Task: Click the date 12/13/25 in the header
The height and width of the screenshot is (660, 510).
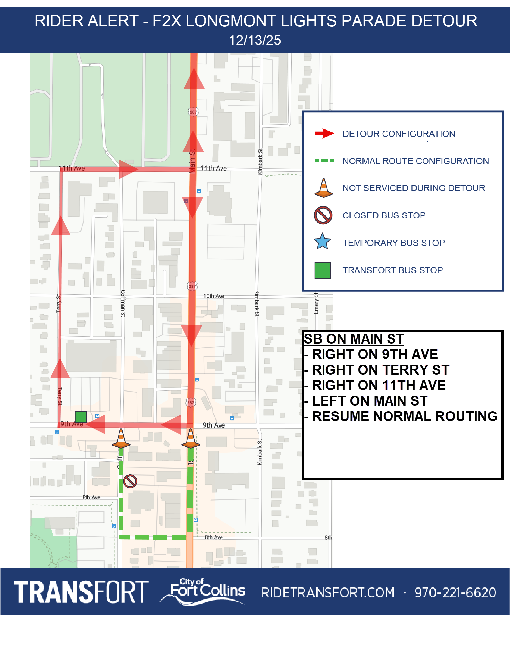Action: tap(255, 40)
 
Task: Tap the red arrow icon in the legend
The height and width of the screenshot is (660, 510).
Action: tap(324, 133)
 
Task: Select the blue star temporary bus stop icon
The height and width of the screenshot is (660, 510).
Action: tap(323, 242)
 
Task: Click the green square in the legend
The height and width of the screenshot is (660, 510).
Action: tap(323, 270)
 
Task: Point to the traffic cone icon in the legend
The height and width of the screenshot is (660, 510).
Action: tap(323, 188)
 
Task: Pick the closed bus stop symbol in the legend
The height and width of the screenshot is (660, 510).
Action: tap(323, 215)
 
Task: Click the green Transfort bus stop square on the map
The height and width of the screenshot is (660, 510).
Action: tap(81, 416)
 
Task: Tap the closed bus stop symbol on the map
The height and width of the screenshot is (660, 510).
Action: tap(130, 481)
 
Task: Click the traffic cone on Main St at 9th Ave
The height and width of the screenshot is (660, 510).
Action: tap(191, 439)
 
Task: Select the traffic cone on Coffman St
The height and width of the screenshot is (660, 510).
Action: tap(121, 439)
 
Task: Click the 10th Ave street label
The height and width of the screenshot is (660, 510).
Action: tap(214, 296)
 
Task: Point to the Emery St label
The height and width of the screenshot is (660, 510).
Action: tap(316, 303)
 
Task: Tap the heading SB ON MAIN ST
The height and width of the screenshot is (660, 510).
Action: tap(354, 339)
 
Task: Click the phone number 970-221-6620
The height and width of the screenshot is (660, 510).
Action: tap(455, 593)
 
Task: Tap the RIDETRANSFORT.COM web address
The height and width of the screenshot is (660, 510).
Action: tap(328, 593)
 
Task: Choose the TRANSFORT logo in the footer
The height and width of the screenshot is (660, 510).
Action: tap(81, 592)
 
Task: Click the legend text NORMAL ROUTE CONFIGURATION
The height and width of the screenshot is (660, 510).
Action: tap(415, 161)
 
